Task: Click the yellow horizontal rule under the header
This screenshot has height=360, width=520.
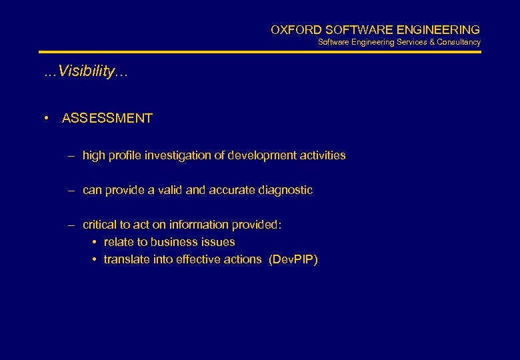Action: pyautogui.click(x=260, y=52)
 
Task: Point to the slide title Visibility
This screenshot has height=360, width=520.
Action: pyautogui.click(x=86, y=72)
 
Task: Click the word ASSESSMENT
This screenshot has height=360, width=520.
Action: pyautogui.click(x=107, y=119)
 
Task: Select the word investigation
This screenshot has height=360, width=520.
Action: pyautogui.click(x=179, y=155)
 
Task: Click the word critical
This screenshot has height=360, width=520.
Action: pyautogui.click(x=99, y=225)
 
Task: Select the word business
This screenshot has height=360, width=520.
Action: pyautogui.click(x=179, y=242)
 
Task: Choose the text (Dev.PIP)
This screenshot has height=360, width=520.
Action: pyautogui.click(x=293, y=259)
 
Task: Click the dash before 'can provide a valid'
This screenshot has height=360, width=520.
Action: pyautogui.click(x=71, y=190)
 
